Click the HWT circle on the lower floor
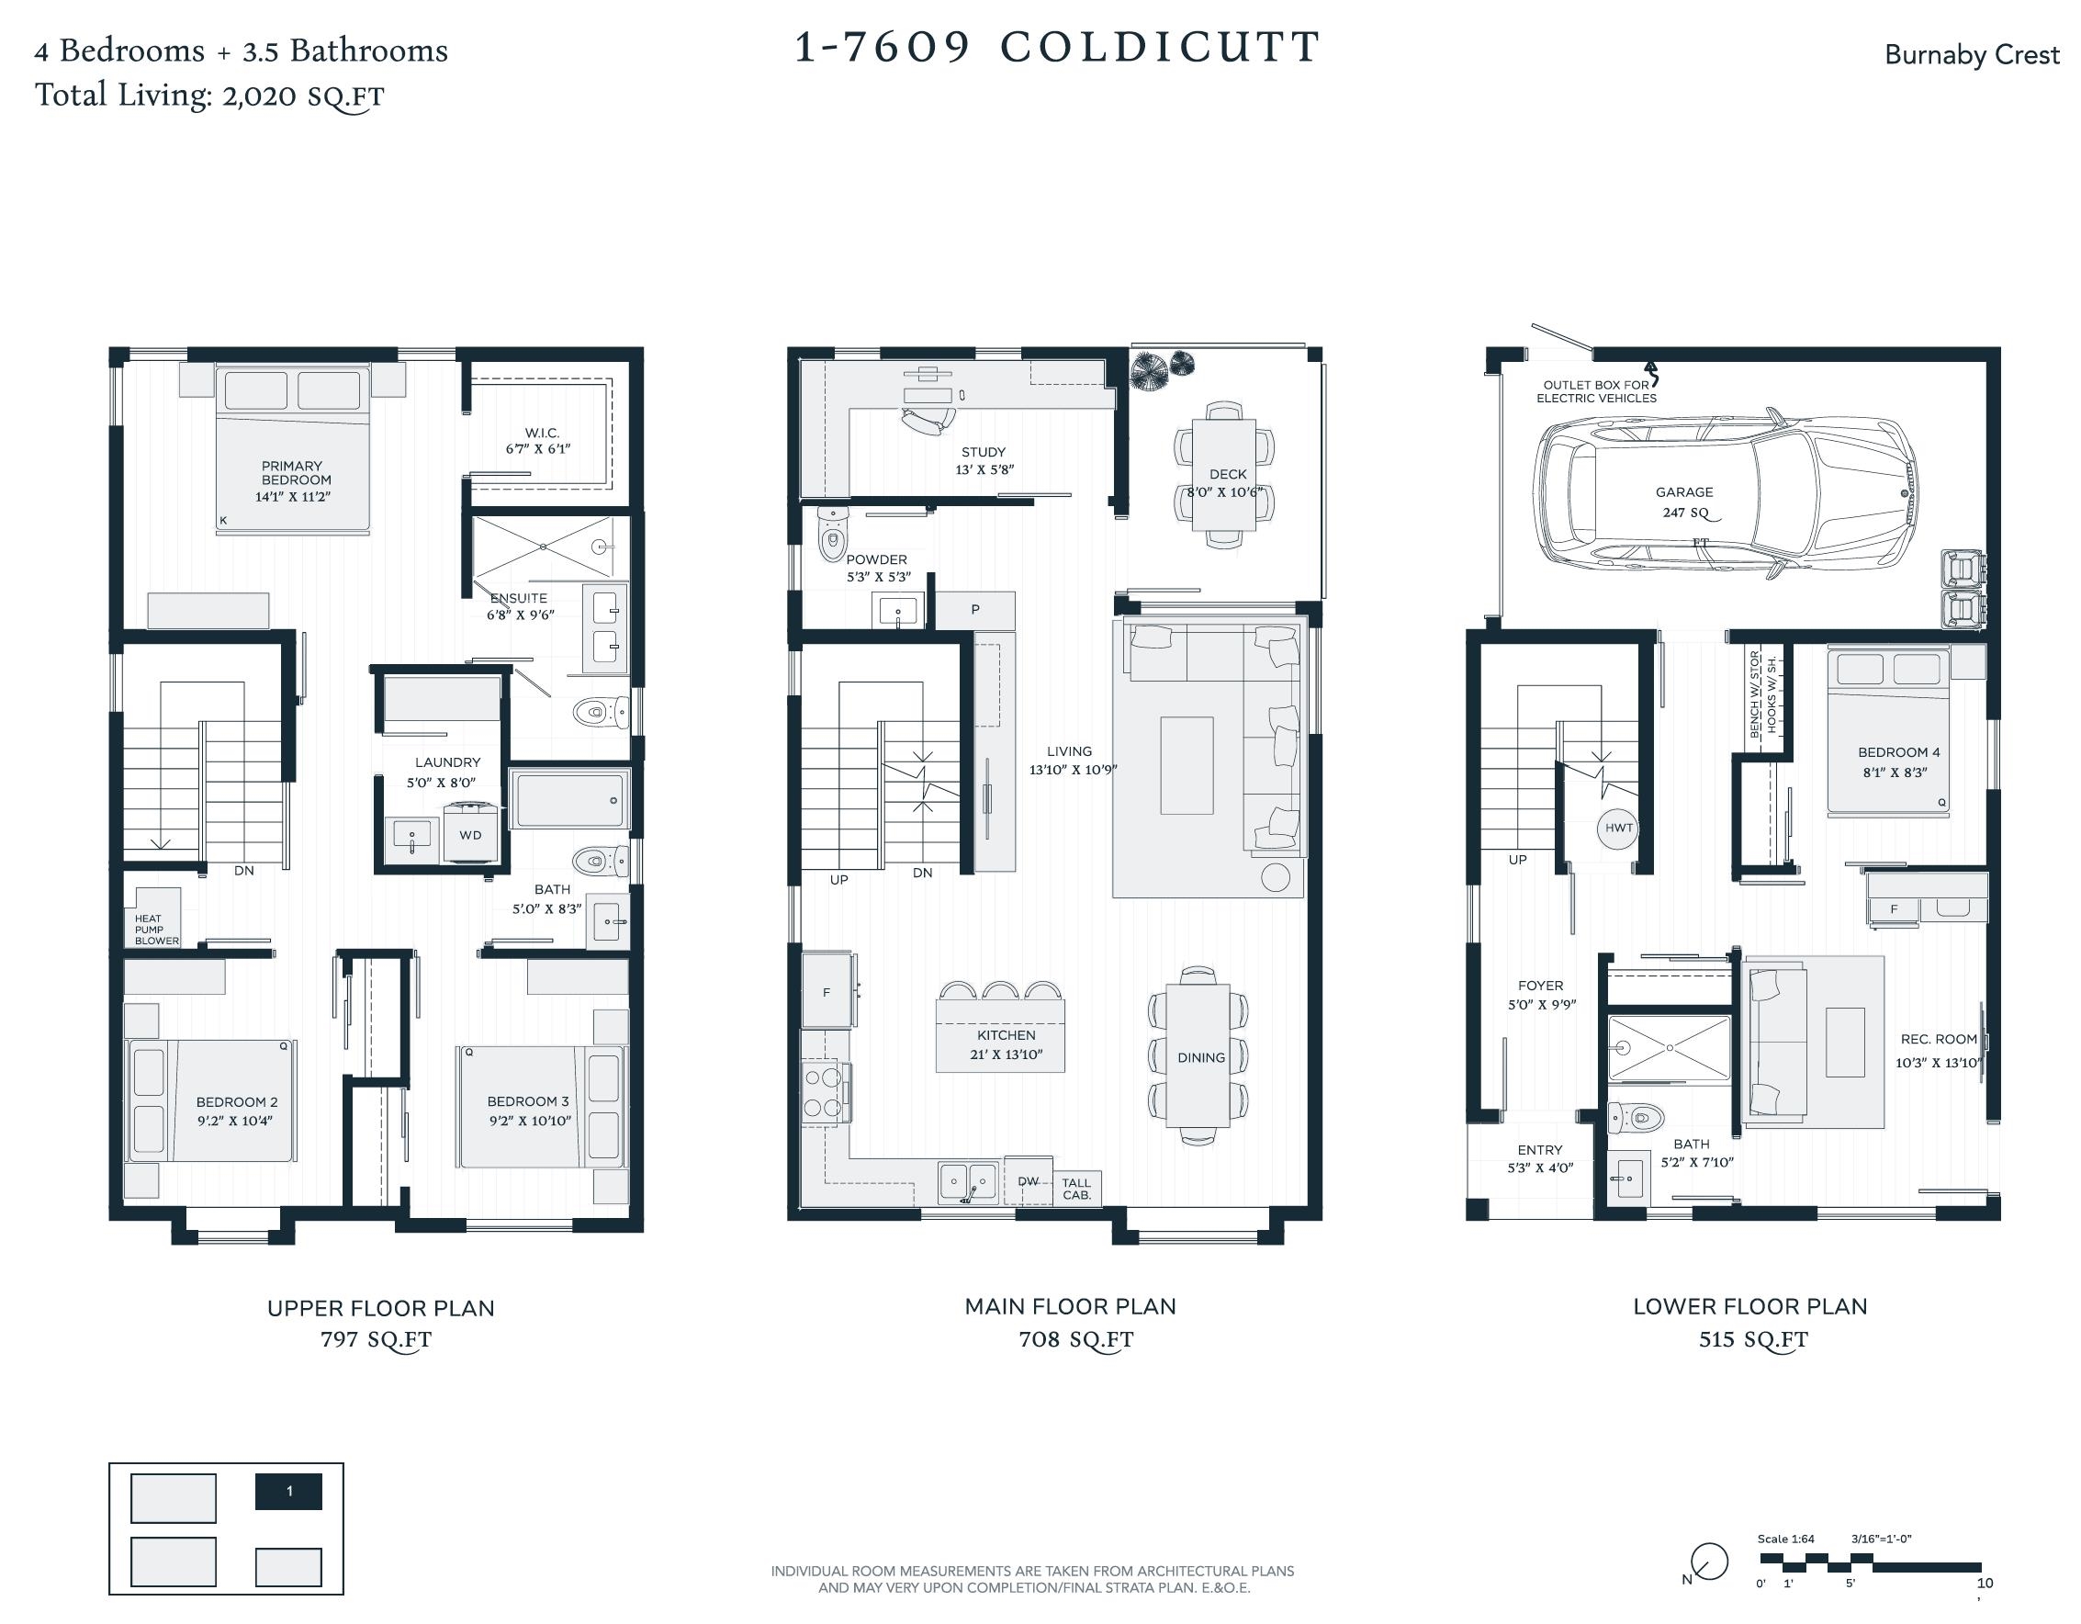(1618, 828)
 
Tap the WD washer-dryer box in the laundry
(470, 834)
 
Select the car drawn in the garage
(1725, 493)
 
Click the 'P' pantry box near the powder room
(975, 610)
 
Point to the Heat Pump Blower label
(156, 930)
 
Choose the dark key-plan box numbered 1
(288, 1492)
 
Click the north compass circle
(1710, 1562)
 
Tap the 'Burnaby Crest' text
(1972, 54)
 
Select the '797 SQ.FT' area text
(376, 1339)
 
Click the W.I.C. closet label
(541, 433)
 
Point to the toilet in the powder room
(832, 534)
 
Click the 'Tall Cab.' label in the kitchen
(1076, 1189)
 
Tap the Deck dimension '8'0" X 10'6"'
(1225, 492)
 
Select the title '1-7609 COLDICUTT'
(1057, 47)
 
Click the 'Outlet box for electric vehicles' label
(1596, 391)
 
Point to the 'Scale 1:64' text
(1785, 1539)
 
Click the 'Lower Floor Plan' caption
(1750, 1306)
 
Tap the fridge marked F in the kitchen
(827, 990)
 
